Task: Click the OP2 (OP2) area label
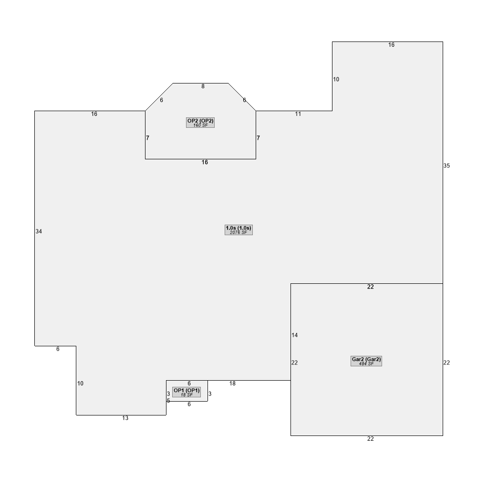tap(200, 121)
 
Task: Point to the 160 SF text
tap(200, 125)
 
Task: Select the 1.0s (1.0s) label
tap(238, 228)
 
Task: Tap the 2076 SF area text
tap(238, 232)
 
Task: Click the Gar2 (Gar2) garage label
tap(366, 359)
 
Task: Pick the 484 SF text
tap(366, 364)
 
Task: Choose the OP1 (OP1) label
tap(187, 390)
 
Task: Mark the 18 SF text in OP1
tap(187, 395)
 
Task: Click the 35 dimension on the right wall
tap(446, 166)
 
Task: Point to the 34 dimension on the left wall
tap(39, 231)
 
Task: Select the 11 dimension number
tap(298, 114)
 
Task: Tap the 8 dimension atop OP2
tap(203, 86)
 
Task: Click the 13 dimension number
tap(125, 418)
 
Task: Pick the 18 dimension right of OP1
tap(232, 384)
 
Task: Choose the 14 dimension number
tap(294, 335)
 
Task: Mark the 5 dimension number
tap(168, 401)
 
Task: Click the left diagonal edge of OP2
tap(159, 97)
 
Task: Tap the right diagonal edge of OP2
tap(242, 97)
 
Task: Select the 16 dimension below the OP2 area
tap(205, 163)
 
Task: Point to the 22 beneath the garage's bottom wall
tap(371, 439)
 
